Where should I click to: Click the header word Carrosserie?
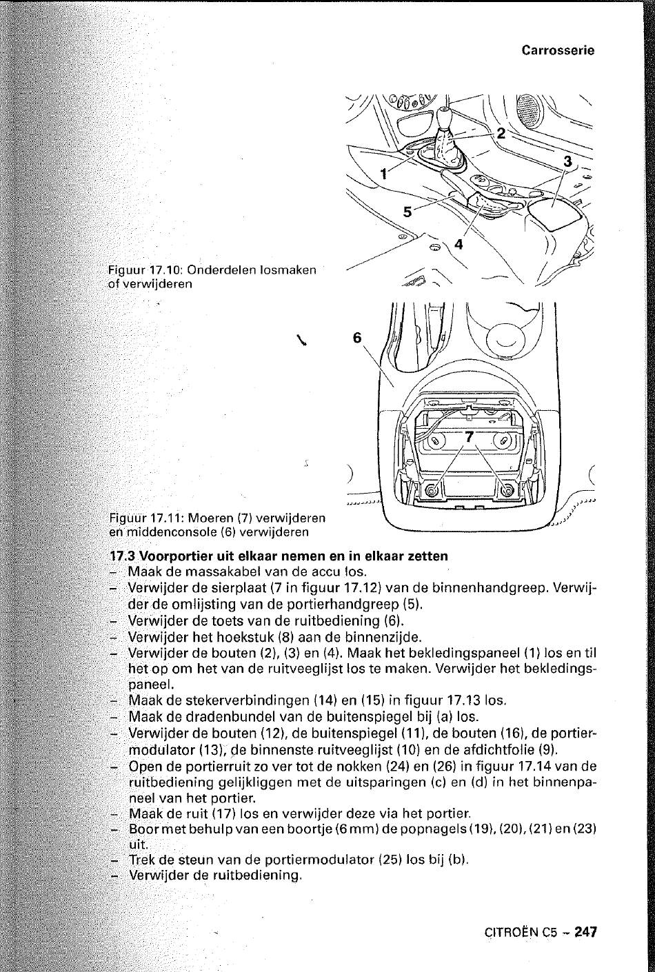point(558,50)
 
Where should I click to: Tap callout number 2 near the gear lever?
point(501,132)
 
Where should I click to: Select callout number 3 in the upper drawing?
point(568,161)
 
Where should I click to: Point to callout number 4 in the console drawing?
point(458,244)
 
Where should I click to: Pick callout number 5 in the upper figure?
point(407,212)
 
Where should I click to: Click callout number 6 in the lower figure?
point(356,338)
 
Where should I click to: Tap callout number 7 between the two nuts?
point(470,437)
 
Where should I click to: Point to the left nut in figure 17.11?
point(432,490)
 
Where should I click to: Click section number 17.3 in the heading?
point(123,556)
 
